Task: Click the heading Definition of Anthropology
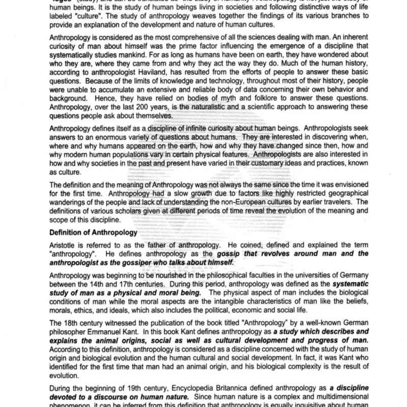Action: pos(93,232)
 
